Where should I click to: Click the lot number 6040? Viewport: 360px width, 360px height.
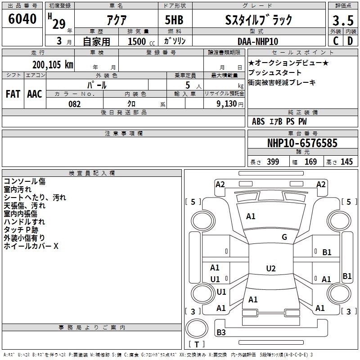tap(22, 19)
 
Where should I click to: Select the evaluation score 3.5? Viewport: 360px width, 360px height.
tap(343, 20)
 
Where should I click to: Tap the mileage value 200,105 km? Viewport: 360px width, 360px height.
tap(53, 65)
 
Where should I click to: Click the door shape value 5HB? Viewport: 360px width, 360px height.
tap(174, 20)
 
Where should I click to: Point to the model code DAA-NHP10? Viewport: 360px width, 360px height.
tap(258, 41)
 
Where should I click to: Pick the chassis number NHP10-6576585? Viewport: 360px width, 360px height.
tap(302, 143)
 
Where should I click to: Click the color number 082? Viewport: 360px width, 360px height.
tap(75, 104)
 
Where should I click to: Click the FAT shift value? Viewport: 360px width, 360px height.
tap(13, 94)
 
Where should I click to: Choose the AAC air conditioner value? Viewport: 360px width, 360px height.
tap(35, 94)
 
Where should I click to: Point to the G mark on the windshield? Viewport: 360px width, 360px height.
tap(284, 237)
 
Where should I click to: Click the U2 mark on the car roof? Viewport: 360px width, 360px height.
tap(271, 268)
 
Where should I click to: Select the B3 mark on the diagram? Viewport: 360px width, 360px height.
tap(221, 332)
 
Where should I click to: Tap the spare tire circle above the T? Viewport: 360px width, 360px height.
tap(197, 328)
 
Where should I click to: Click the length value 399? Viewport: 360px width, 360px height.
tap(273, 162)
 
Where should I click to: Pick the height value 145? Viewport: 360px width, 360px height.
tap(346, 162)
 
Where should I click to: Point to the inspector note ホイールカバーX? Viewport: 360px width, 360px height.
tap(31, 246)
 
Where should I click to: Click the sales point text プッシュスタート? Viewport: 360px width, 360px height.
tap(274, 72)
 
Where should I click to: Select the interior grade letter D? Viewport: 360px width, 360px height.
tap(350, 41)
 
